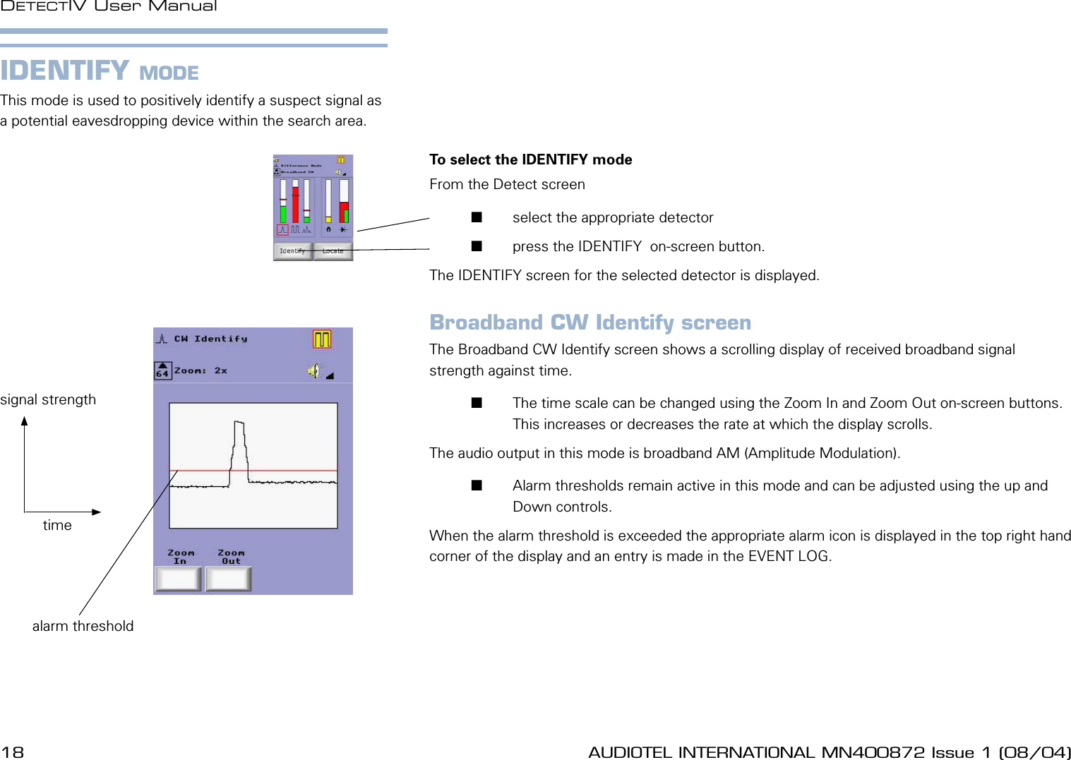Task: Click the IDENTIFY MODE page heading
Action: (x=100, y=71)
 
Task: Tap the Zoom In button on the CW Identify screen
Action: (x=179, y=579)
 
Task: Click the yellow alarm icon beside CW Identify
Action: (x=322, y=339)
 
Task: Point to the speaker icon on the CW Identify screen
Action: (x=313, y=370)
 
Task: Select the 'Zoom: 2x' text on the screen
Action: (x=201, y=370)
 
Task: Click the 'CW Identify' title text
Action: (x=210, y=339)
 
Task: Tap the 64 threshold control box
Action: (x=162, y=370)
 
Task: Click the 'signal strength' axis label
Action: (x=48, y=399)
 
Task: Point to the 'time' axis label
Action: (x=57, y=525)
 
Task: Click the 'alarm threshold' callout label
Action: (x=83, y=626)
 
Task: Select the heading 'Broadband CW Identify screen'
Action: (x=590, y=322)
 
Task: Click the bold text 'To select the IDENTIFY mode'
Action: (x=530, y=159)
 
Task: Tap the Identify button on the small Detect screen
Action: (x=292, y=251)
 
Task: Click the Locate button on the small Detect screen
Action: (x=333, y=251)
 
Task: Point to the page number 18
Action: (x=13, y=752)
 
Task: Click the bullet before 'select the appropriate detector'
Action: (x=477, y=217)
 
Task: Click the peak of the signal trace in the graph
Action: (x=239, y=423)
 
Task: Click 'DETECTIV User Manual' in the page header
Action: (x=109, y=6)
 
